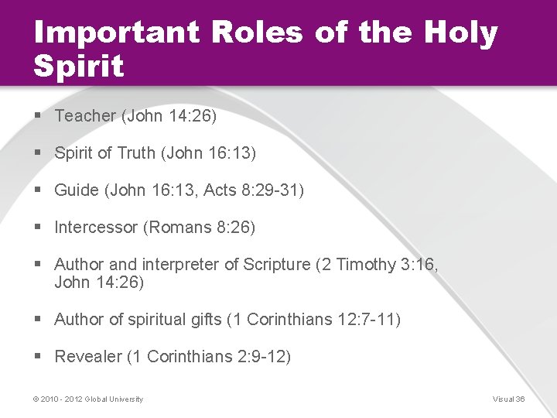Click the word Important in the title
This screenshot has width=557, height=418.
pyautogui.click(x=105, y=33)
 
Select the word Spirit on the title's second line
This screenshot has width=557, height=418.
pyautogui.click(x=79, y=67)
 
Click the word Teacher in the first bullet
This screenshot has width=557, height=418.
pyautogui.click(x=85, y=116)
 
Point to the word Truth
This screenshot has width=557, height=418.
pyautogui.click(x=136, y=153)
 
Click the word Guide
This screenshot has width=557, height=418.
pyautogui.click(x=77, y=190)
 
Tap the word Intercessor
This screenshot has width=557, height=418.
pyautogui.click(x=97, y=228)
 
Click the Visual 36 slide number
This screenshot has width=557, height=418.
pyautogui.click(x=508, y=399)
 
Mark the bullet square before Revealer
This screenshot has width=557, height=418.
pyautogui.click(x=38, y=356)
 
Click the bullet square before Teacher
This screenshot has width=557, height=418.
pyautogui.click(x=38, y=115)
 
